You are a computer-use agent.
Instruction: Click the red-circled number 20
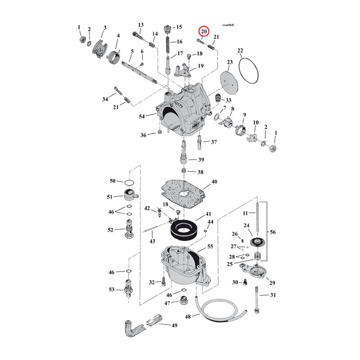coord(204,32)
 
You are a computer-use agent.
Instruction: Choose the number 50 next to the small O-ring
coord(112,181)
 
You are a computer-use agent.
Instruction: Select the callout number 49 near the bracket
coord(174,326)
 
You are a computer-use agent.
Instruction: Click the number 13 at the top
coord(141,25)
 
